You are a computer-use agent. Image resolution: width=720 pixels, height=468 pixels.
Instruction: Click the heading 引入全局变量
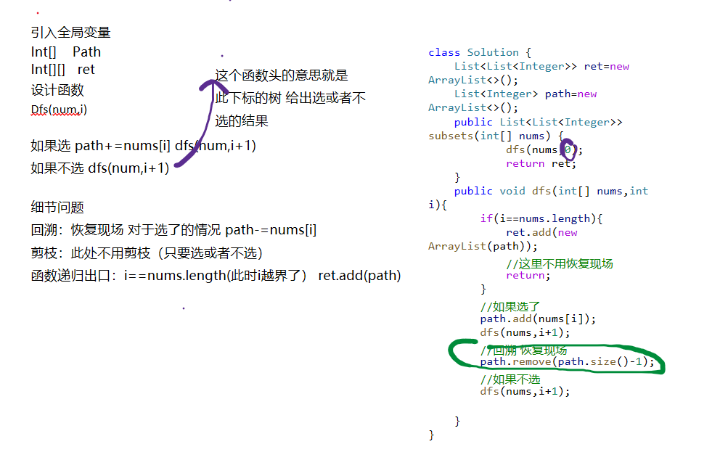(x=70, y=33)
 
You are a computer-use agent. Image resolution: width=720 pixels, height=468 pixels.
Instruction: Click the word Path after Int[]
(x=86, y=52)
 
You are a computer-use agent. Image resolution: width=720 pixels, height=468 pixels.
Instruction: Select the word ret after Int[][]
(x=86, y=70)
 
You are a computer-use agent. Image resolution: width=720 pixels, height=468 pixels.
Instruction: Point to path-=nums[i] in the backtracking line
(x=271, y=230)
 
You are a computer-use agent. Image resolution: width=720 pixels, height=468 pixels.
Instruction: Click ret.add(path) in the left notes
(x=359, y=276)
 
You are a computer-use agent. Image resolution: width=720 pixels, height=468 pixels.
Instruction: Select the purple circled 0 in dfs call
(x=568, y=149)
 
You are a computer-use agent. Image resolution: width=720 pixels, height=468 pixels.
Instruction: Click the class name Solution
(x=493, y=52)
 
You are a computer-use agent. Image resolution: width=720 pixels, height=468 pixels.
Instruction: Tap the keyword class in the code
(x=444, y=52)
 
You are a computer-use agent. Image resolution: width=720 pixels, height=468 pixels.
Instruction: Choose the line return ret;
(x=541, y=163)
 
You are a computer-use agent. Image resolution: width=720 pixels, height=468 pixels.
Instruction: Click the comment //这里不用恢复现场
(x=559, y=263)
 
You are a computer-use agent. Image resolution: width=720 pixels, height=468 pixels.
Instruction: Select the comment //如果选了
(x=510, y=306)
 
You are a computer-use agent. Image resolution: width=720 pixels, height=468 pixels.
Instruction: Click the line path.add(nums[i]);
(x=538, y=319)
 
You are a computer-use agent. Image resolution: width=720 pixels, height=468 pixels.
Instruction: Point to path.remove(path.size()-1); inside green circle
(x=567, y=361)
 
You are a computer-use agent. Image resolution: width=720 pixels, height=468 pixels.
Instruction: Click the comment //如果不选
(x=510, y=379)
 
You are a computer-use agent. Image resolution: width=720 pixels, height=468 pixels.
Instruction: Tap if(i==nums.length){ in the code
(x=541, y=218)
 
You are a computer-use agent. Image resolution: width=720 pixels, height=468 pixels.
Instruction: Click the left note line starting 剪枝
(x=146, y=253)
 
